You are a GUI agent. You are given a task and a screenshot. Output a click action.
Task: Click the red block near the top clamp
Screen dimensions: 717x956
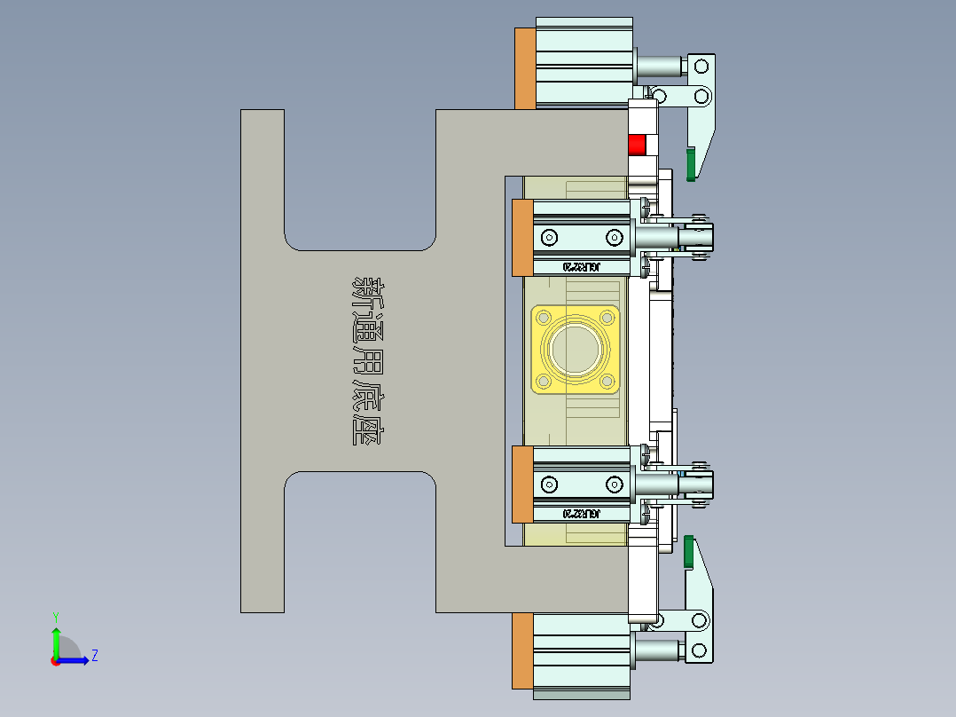637,145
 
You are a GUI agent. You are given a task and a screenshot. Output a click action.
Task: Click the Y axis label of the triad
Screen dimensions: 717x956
55,616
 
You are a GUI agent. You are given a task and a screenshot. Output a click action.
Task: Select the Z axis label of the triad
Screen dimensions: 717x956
94,656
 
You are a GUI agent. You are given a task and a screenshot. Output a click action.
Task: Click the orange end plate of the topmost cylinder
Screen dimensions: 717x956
524,68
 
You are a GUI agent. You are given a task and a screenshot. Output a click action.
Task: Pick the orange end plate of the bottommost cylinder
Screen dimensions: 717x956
523,650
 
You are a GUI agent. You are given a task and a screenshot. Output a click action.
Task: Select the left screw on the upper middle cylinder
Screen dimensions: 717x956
550,237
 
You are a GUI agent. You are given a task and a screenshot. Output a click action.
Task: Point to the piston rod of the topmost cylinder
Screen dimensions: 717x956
659,67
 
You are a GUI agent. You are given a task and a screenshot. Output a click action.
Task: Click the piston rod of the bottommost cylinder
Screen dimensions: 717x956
659,652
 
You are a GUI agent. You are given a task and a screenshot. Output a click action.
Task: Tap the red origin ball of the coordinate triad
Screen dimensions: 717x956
55,660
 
